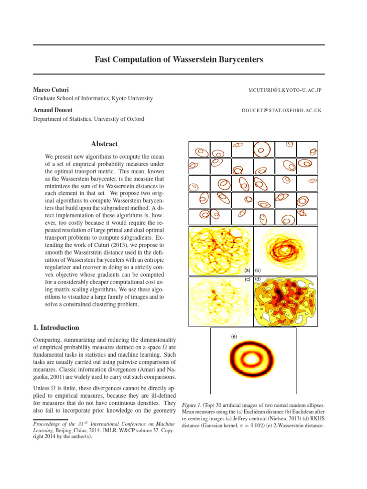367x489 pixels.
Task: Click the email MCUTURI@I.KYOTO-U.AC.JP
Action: click(x=285, y=90)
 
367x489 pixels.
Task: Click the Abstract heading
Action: click(x=104, y=144)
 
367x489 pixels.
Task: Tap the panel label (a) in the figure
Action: click(x=247, y=270)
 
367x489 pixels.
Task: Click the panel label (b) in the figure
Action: click(x=258, y=270)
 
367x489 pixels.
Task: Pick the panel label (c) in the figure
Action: click(x=247, y=278)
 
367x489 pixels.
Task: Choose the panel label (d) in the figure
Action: click(x=258, y=278)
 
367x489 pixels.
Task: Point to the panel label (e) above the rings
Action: click(x=234, y=337)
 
